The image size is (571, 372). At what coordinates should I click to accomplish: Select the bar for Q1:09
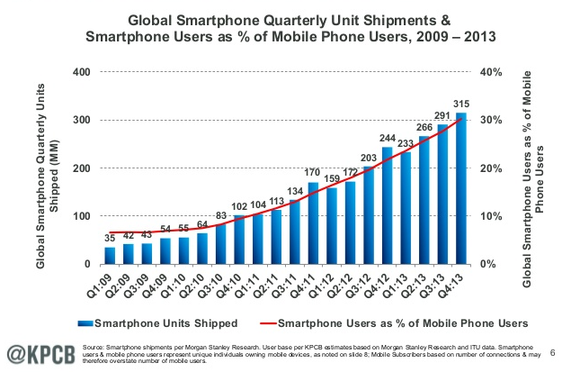click(110, 256)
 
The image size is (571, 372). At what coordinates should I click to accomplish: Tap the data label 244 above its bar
click(387, 138)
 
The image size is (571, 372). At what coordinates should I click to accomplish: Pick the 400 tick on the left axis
click(79, 72)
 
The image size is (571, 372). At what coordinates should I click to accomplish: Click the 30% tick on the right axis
click(496, 120)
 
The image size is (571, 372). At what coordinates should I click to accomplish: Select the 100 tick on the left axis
click(79, 216)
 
